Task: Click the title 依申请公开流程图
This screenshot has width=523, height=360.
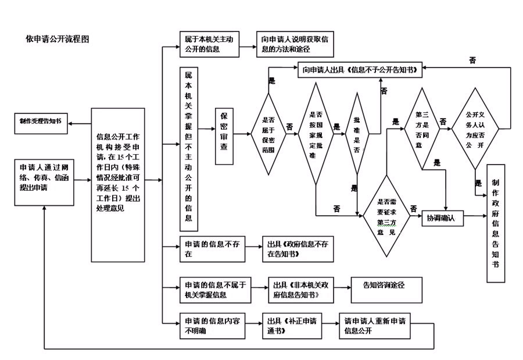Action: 57,39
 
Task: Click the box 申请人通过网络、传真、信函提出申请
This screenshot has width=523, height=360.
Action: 44,180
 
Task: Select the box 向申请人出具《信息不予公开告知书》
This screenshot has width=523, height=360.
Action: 360,70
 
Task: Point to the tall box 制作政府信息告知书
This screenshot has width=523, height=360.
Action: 495,223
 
